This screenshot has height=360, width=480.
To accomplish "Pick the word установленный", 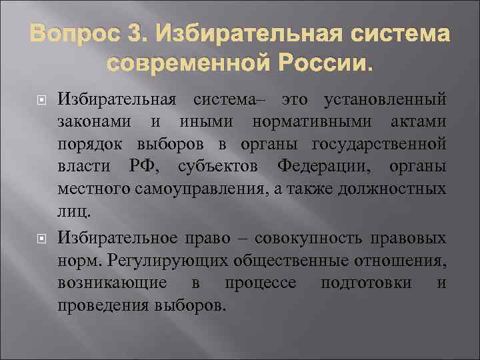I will [384, 101].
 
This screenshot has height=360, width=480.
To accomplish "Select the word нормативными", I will [296, 123].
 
